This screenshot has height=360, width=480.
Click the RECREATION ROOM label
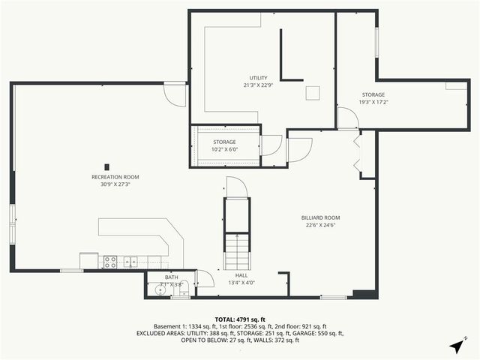tap(115, 177)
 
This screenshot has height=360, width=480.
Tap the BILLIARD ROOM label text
tap(322, 217)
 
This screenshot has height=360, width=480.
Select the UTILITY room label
tap(259, 77)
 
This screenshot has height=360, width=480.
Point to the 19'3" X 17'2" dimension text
tap(373, 102)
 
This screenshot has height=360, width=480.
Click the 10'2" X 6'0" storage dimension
tap(224, 149)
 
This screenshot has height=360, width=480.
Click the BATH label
tap(172, 277)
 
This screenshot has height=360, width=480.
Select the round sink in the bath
tap(160, 289)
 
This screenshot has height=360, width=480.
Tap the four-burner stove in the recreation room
tap(109, 262)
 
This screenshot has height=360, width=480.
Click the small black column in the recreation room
tap(107, 166)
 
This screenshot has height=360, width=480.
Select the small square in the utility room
tap(313, 92)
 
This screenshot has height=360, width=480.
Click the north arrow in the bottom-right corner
tap(457, 345)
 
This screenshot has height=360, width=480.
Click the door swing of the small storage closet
tap(271, 145)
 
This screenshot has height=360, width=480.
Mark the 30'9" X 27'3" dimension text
tap(115, 184)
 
